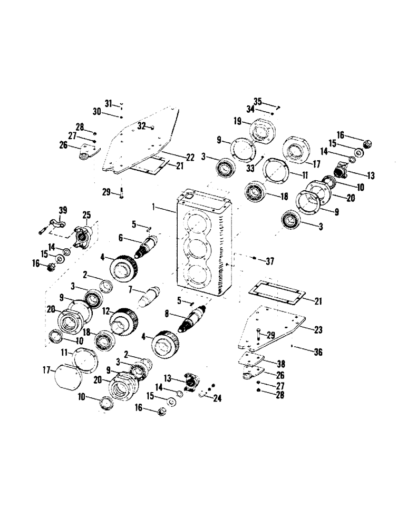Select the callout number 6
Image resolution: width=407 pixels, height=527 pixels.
click(120, 238)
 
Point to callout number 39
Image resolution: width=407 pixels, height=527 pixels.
click(63, 211)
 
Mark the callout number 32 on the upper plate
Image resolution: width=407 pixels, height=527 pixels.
click(141, 125)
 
